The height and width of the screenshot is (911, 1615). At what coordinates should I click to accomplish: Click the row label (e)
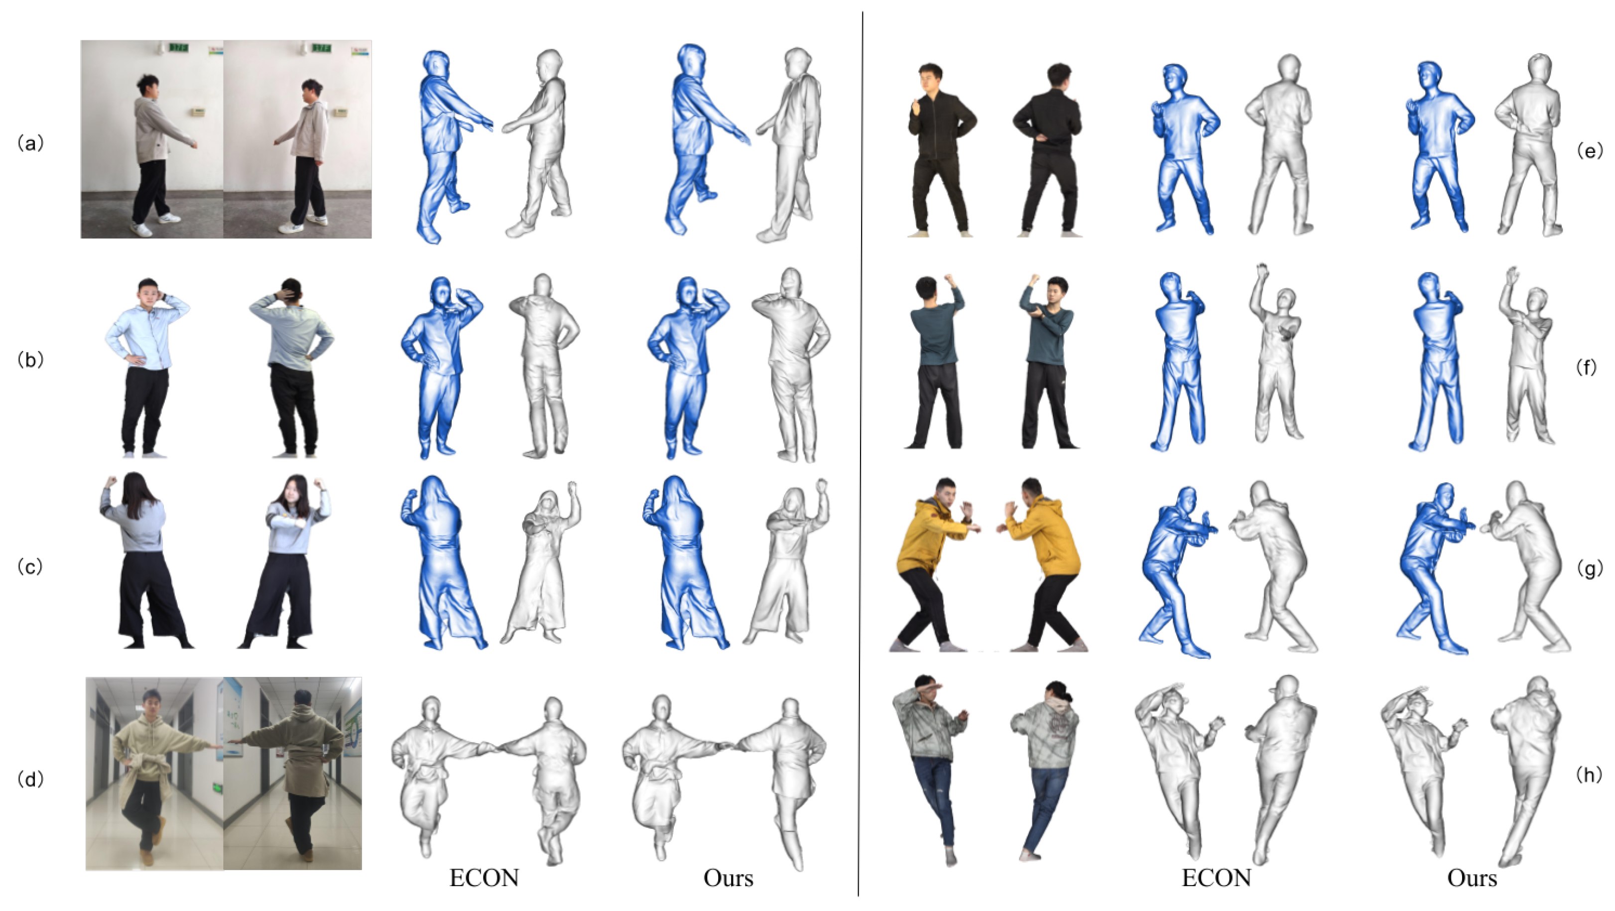[1589, 150]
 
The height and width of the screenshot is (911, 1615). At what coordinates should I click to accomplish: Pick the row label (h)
[1589, 775]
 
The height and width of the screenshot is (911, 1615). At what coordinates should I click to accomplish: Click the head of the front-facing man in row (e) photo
[930, 78]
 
